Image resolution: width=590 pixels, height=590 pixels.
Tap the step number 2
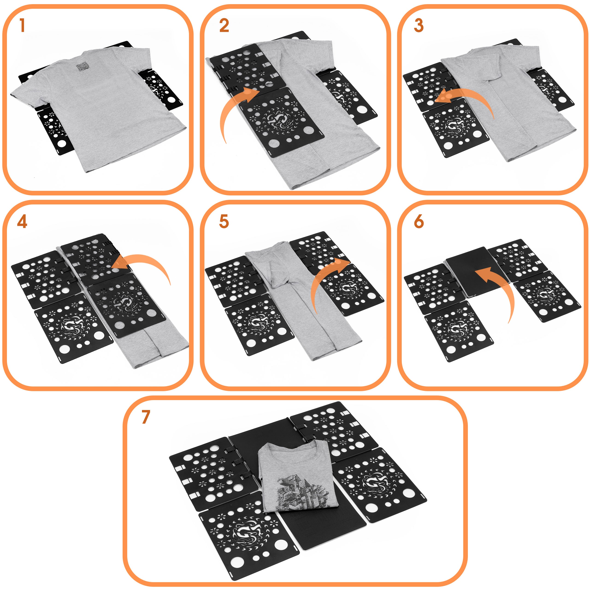tap(224, 25)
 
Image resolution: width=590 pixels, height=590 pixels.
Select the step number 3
tap(419, 25)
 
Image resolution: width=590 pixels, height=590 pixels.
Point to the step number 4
tap(22, 222)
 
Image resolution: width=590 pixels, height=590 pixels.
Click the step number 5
tap(224, 222)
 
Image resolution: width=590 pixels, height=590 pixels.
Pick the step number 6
tap(419, 222)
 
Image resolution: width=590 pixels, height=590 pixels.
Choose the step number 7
tap(146, 417)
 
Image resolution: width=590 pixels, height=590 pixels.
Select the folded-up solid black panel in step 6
tap(476, 272)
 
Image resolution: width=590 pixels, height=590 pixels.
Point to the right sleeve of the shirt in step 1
tap(144, 61)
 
